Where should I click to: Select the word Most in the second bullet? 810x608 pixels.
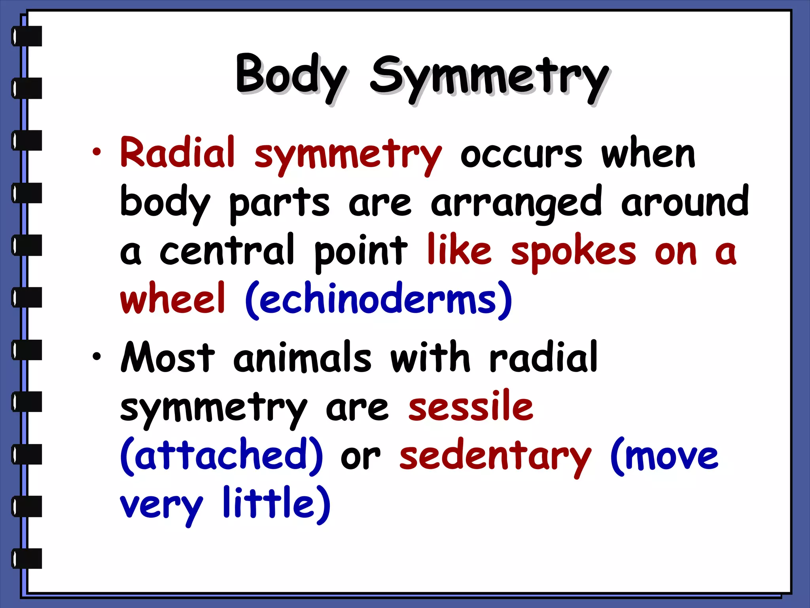[168, 357]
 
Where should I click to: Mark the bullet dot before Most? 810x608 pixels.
[97, 357]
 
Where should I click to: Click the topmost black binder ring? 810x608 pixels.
[27, 36]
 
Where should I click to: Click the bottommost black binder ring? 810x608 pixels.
[27, 559]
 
